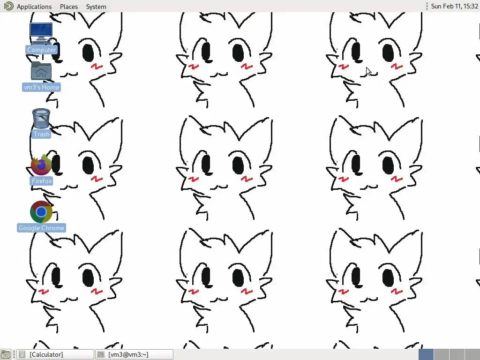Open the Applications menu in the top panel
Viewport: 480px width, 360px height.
pos(34,7)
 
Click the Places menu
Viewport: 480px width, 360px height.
pos(69,7)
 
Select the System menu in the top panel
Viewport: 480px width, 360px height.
pos(96,7)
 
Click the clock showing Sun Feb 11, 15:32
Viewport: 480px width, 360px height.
pos(454,6)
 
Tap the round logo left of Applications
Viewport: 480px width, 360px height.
pos(8,6)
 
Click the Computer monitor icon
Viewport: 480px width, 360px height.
pos(41,33)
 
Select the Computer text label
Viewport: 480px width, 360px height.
pos(41,50)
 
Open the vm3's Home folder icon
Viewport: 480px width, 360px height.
pos(41,71)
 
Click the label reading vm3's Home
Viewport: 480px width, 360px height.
pos(41,87)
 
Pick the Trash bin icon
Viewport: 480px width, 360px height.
pos(41,119)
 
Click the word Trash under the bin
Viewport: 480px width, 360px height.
pos(41,134)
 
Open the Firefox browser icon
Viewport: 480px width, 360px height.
pos(41,165)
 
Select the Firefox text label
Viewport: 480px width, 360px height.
pos(42,181)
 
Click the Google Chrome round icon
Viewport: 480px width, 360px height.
pos(41,211)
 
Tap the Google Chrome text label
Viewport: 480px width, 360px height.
pos(41,228)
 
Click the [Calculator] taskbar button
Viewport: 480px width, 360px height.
pos(55,354)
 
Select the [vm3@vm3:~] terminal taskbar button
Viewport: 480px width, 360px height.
pos(135,354)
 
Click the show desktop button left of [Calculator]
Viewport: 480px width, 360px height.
pos(6,354)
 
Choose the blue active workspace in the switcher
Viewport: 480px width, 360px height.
pos(426,354)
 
